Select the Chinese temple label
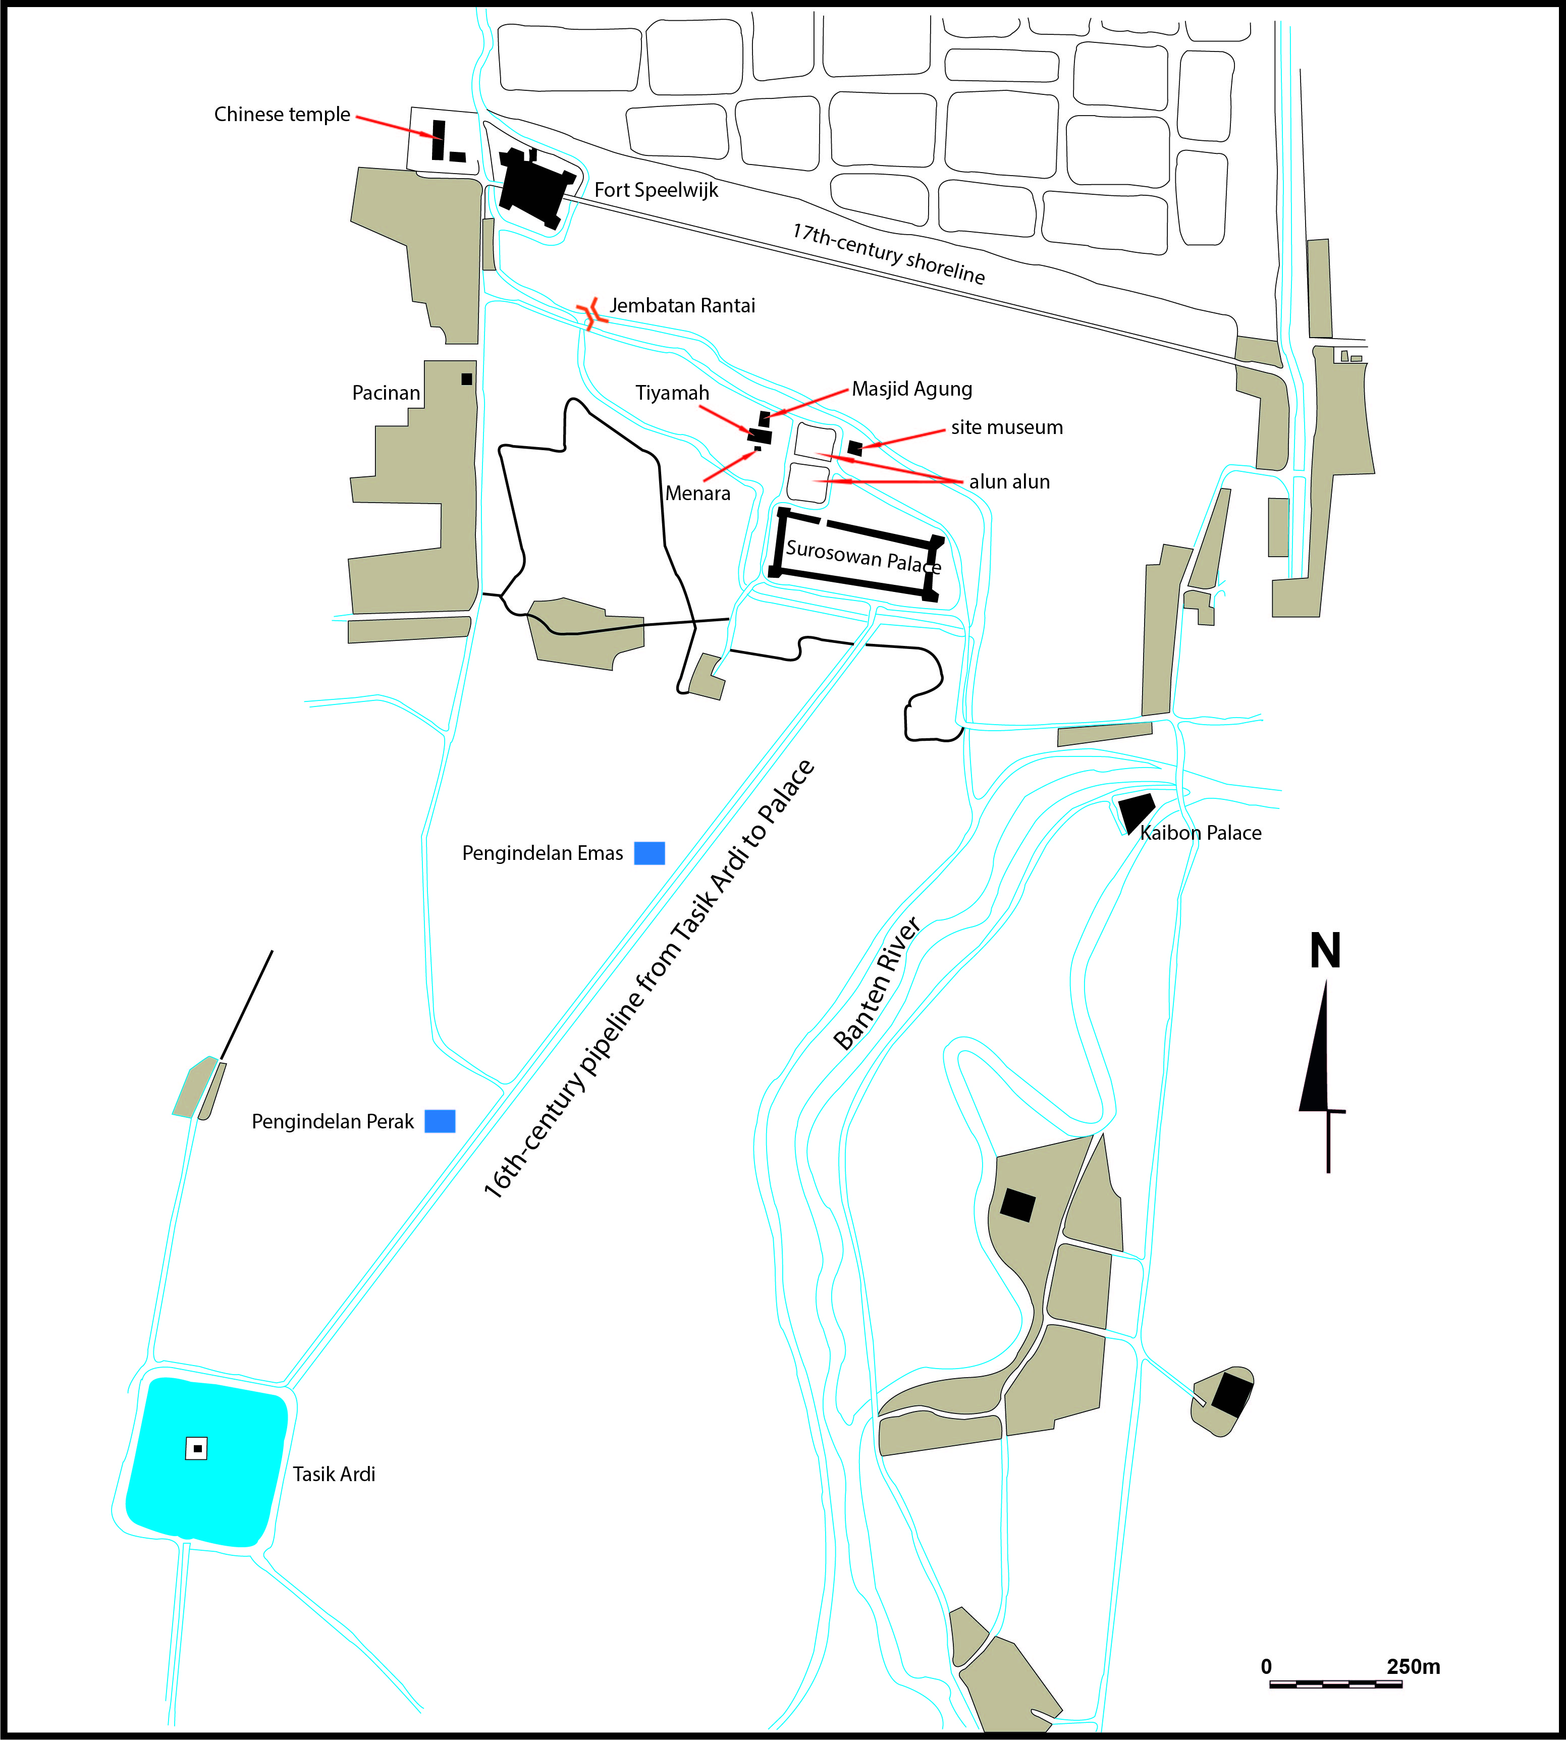click(282, 115)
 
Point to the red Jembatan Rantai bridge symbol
click(591, 313)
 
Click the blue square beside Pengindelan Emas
click(650, 853)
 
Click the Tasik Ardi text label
click(334, 1474)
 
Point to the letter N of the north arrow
click(1325, 952)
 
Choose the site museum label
click(1007, 428)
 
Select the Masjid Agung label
click(912, 389)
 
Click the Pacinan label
click(387, 393)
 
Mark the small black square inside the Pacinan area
click(466, 378)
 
